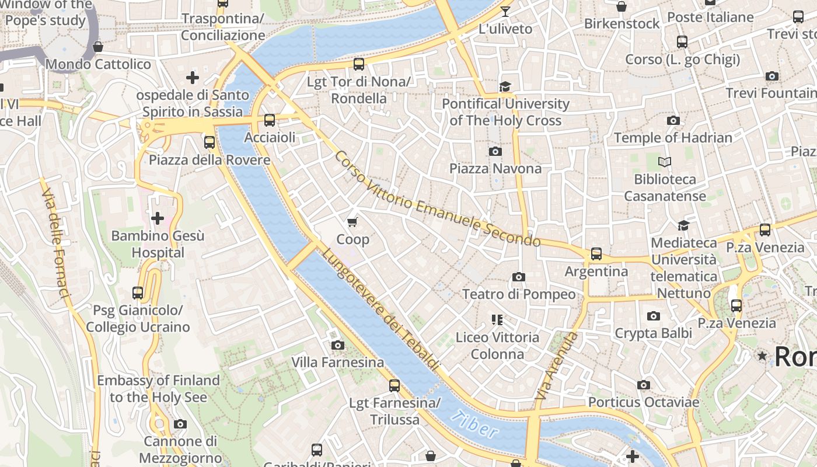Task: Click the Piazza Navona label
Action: coord(495,169)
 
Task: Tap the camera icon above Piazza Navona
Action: coord(495,152)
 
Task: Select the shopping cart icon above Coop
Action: coord(352,222)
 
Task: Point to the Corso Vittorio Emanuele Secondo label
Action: coord(437,198)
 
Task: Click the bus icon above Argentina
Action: coord(596,254)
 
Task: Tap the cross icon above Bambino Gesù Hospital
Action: coord(158,219)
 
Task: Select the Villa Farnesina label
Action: coord(338,363)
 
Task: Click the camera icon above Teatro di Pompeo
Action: coord(518,277)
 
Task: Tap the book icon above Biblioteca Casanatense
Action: coord(665,162)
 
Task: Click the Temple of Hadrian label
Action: coord(673,138)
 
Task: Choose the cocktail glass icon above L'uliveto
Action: coord(505,12)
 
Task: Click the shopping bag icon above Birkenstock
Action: coord(622,7)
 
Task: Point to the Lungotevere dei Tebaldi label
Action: coord(380,309)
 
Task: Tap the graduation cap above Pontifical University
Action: coord(505,87)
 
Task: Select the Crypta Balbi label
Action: coord(654,333)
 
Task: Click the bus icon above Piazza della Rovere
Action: coord(209,142)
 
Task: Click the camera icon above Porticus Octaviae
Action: coord(643,385)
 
